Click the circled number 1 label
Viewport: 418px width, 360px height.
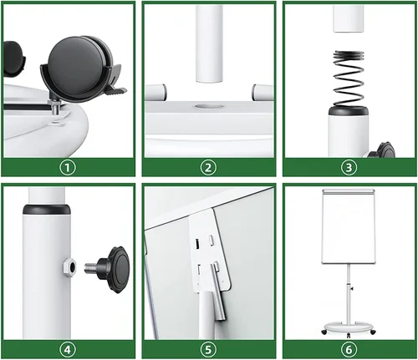click(x=68, y=168)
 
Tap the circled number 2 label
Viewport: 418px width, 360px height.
click(x=208, y=168)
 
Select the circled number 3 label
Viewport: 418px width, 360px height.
click(x=349, y=168)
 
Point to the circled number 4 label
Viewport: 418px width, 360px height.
click(x=68, y=350)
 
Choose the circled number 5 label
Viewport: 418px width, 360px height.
click(x=208, y=350)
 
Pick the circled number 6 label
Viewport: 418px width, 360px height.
click(x=349, y=350)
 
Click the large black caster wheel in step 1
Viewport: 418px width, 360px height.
click(x=78, y=67)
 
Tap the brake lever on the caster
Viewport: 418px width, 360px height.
click(x=115, y=89)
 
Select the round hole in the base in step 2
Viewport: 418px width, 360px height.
click(x=209, y=106)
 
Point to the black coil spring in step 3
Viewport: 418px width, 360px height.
click(x=349, y=79)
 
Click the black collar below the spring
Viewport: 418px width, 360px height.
click(x=349, y=111)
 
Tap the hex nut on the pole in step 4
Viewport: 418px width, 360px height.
click(x=69, y=267)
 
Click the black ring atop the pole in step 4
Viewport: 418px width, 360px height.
click(x=46, y=210)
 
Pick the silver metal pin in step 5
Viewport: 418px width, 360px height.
click(x=218, y=293)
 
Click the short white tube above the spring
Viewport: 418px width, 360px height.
click(x=349, y=19)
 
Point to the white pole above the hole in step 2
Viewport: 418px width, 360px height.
click(x=209, y=44)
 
